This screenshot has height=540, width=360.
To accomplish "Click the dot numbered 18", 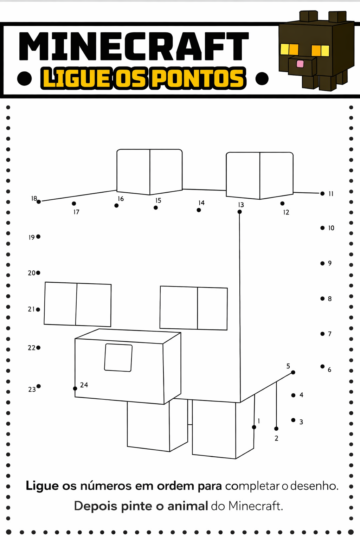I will pos(39,201).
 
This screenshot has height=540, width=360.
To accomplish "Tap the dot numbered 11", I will pos(322,193).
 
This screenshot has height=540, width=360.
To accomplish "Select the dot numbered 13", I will pos(239,212).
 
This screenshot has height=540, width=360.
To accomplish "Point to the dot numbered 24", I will pos(75,388).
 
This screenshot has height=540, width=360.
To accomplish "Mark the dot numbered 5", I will pos(293,372).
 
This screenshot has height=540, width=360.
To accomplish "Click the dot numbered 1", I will pos(254,427).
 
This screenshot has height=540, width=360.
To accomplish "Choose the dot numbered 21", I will pos(38,309).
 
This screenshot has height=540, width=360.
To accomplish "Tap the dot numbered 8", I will pos(322,298).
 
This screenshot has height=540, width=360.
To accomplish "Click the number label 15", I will pos(158,200).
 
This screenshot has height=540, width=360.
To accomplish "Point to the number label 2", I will pos(276,438).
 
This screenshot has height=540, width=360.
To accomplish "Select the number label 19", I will pos(32,237).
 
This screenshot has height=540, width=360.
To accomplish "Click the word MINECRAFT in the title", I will pos(134,46).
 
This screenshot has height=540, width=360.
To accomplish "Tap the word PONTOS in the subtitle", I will pos(198,78).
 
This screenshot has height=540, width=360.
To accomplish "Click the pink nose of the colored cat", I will pos(300,64).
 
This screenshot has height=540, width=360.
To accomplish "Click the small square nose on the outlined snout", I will pos(118,358).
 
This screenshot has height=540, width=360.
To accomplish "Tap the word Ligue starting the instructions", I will pos(42,486).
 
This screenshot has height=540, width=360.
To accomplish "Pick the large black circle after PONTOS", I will pos(262,78).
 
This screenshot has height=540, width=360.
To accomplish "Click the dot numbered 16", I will pos(116,205).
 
